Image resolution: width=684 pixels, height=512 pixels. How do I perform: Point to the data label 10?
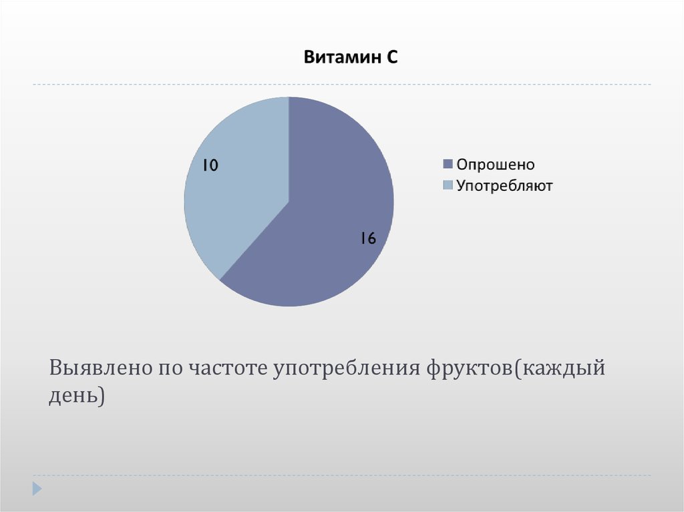[210, 166]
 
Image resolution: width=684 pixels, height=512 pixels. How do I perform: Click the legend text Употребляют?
[504, 186]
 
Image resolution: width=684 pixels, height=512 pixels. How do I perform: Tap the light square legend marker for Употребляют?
[448, 186]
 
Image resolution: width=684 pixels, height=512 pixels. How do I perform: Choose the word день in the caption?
[72, 396]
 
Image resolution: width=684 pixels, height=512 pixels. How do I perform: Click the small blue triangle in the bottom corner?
[37, 488]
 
